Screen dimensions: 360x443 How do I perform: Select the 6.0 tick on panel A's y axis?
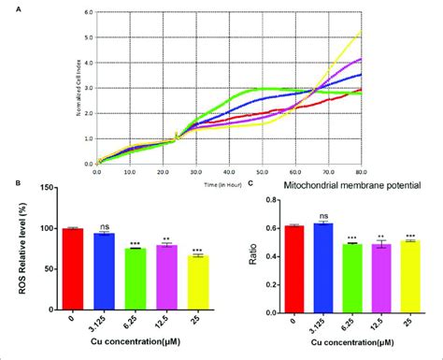point(85,12)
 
